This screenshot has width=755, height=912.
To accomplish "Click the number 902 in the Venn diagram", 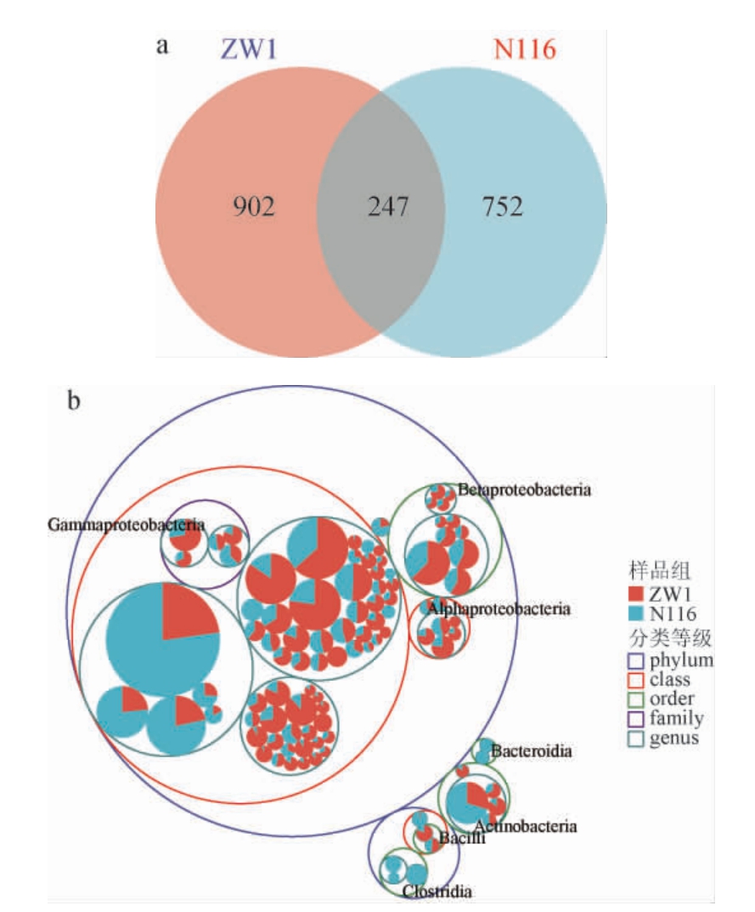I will click(255, 207).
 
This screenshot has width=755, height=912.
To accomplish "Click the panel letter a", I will click(161, 45).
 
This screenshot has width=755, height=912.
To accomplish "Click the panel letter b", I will click(75, 399).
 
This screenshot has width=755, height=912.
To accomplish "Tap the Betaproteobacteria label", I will click(524, 490).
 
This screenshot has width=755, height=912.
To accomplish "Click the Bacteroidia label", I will click(532, 751).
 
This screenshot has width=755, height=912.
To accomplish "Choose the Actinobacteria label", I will click(527, 825).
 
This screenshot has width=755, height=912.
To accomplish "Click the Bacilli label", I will click(463, 840).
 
